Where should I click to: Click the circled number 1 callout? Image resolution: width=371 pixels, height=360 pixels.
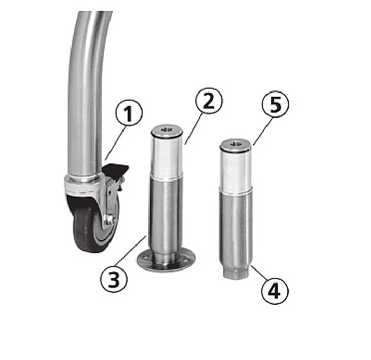(x=129, y=113)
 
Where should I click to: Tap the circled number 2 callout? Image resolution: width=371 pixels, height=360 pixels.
(x=209, y=101)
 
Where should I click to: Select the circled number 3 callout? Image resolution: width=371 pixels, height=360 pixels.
(x=114, y=279)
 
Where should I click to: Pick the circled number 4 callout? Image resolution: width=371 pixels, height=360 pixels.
(x=275, y=291)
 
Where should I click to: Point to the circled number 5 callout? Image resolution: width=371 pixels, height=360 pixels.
(x=275, y=104)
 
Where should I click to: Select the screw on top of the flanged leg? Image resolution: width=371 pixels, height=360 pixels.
(x=167, y=129)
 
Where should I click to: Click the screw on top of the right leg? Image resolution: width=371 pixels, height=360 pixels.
(x=235, y=143)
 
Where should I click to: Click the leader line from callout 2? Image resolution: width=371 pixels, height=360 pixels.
(x=193, y=128)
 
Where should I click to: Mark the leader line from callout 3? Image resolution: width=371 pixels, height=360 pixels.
(x=130, y=250)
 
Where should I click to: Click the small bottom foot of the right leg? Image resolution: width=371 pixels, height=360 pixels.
(x=236, y=272)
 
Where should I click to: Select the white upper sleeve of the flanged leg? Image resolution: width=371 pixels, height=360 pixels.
(x=167, y=157)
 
